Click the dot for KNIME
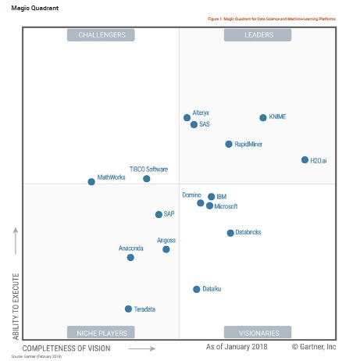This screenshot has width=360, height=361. tap(263, 118)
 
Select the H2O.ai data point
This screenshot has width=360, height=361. tap(305, 160)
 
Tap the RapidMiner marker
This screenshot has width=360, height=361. tap(229, 145)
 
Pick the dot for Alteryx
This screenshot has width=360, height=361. tap(187, 118)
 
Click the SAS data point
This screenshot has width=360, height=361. tap(194, 124)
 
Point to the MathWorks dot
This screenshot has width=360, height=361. tap(91, 181)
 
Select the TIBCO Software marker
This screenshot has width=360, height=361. tap(147, 179)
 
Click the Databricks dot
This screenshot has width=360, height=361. tap(230, 233)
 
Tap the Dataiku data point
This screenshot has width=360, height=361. tap(197, 289)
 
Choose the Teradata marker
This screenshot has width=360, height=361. tap(129, 309)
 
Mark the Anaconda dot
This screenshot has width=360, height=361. tap(130, 257)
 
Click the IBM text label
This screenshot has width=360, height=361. tap(222, 197)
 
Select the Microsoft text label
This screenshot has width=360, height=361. tap(226, 206)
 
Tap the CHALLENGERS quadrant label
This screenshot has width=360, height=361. tap(102, 35)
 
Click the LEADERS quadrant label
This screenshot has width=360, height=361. tap(258, 35)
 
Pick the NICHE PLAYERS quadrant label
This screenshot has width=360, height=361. tap(102, 332)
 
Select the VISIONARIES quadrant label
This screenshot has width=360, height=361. tap(258, 332)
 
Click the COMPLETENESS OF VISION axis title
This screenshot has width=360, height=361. tap(66, 348)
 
